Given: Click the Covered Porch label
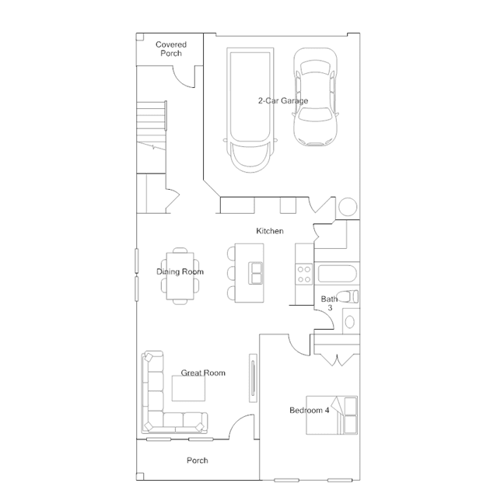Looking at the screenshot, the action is (171, 49).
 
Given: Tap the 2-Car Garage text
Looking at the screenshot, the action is (283, 101).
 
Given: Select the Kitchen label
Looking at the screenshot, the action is (270, 231).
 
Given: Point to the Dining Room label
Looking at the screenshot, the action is (180, 271).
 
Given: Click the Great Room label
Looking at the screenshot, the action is (203, 373).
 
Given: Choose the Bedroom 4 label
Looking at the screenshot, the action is (310, 410).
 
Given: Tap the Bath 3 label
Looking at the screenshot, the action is (329, 303).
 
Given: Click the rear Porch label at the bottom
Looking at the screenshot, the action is (197, 460).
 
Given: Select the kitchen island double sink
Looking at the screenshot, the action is (256, 273).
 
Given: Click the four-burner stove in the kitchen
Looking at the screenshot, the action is (304, 275).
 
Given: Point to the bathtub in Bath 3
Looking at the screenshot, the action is (338, 274).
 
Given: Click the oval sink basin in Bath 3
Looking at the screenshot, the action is (350, 322).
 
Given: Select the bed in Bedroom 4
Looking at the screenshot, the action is (331, 415).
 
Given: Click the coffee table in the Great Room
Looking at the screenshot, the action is (188, 389).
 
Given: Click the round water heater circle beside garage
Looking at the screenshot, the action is (348, 207).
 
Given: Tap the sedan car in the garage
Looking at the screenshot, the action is (315, 97).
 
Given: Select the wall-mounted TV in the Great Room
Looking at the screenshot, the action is (253, 378).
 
